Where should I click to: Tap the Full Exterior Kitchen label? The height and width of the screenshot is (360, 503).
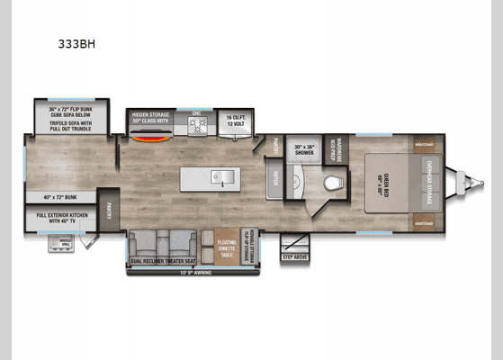(59, 218)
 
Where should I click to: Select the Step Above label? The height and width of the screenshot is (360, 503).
(294, 256)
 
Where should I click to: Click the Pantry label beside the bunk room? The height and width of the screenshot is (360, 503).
(107, 210)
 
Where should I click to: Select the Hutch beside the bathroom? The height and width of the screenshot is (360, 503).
(274, 180)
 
